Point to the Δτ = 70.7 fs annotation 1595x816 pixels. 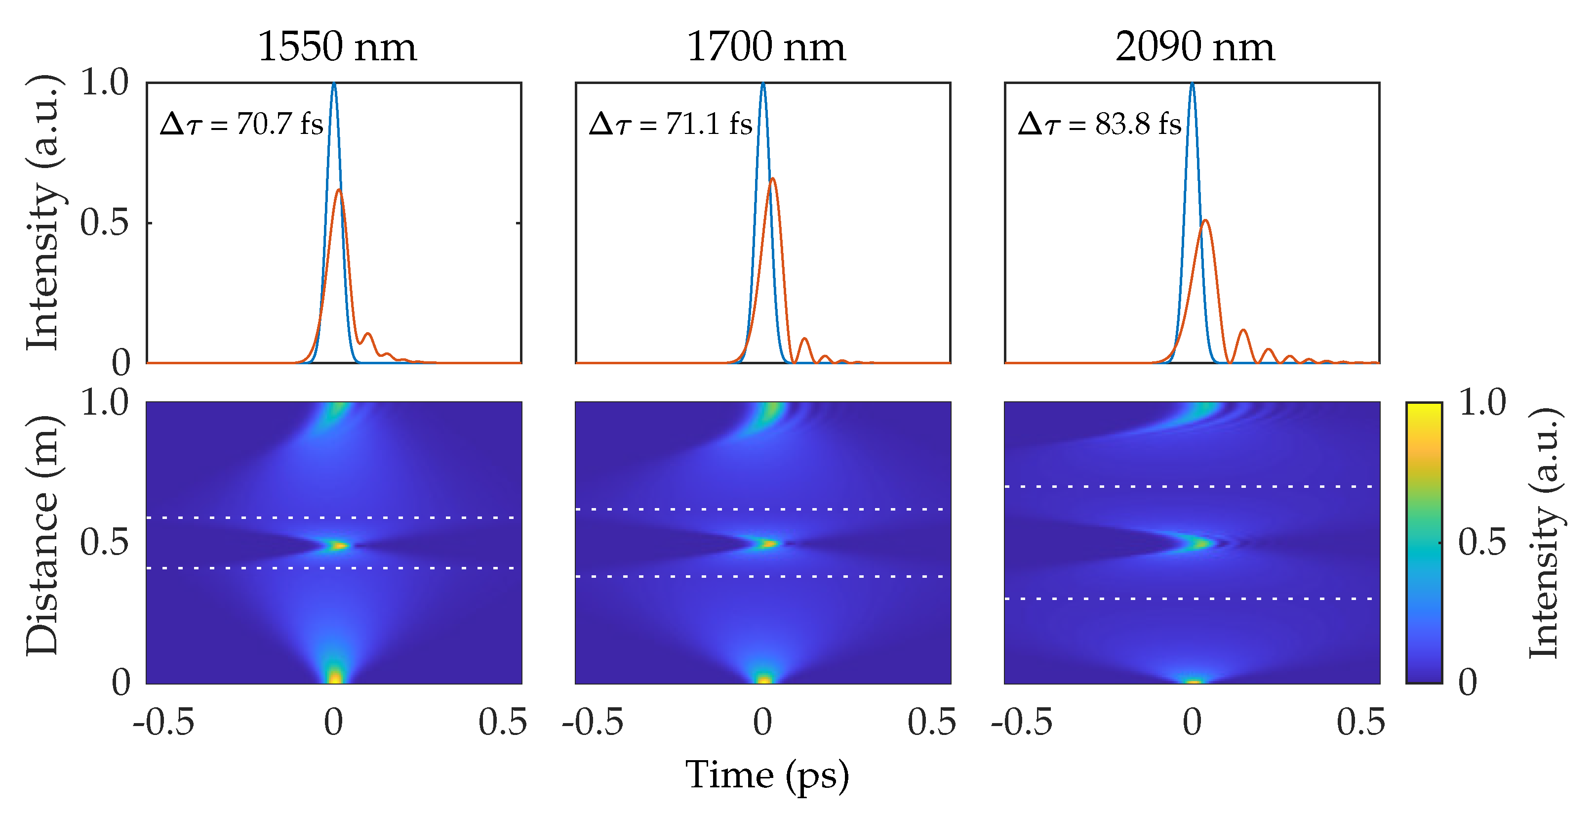(x=241, y=124)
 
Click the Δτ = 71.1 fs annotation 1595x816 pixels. (x=671, y=124)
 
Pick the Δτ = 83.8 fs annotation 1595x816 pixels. (x=1100, y=124)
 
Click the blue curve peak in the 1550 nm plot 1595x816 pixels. (x=334, y=84)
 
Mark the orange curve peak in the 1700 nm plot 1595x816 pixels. (x=773, y=179)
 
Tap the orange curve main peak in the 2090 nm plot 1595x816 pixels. (x=1205, y=220)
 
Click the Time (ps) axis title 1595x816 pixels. (x=766, y=775)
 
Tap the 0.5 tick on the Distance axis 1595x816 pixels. (x=104, y=543)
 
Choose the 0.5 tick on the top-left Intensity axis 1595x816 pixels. (x=104, y=222)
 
